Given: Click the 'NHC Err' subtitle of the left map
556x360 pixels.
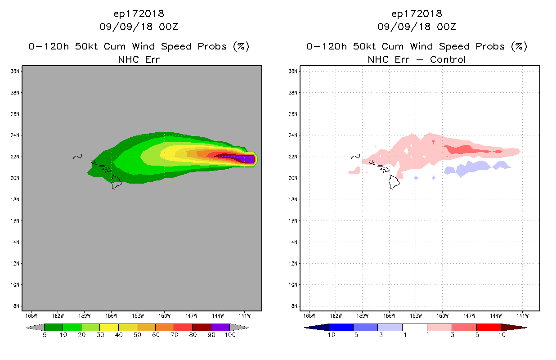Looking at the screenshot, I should point(139,59).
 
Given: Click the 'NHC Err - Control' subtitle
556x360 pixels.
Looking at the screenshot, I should point(417,59).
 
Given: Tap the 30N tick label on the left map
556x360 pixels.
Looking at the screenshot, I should point(15,71).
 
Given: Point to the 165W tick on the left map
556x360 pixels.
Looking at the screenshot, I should point(31,315).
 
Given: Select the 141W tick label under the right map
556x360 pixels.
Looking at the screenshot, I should point(522,315).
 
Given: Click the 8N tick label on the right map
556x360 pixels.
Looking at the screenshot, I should point(293,306).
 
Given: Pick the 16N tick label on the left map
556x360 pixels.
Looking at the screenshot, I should point(15,220).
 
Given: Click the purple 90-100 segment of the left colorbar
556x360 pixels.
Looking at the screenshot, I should point(220,327).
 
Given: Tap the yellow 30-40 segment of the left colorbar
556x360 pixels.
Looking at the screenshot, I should point(109,327).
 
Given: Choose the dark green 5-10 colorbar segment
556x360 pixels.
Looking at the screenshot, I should point(54,327).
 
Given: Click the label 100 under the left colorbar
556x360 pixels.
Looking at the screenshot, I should point(230,335).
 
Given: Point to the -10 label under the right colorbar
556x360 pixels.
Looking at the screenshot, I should point(328,335).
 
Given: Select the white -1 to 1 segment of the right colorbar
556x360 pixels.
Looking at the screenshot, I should point(414,327).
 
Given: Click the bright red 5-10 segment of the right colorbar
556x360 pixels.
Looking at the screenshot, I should point(489,327).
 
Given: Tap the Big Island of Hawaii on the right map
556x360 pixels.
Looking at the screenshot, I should point(395,182).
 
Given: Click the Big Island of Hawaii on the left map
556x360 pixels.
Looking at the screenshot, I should point(117,182).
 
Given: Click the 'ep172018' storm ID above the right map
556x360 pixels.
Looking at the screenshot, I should point(417,13).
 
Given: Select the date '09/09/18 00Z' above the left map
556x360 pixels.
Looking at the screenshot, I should point(139,27).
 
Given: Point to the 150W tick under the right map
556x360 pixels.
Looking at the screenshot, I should point(443,315).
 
